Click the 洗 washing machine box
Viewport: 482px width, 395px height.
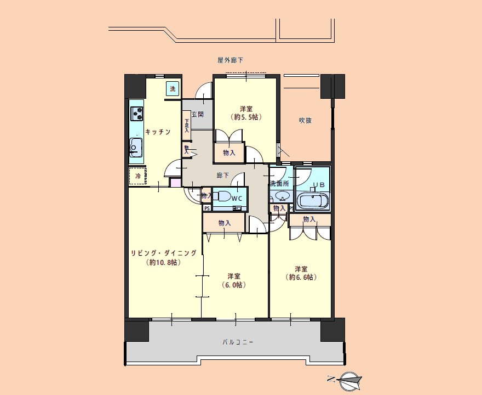pos(173,89)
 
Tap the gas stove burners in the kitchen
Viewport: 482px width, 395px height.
pos(137,114)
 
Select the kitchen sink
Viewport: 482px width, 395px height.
pos(136,148)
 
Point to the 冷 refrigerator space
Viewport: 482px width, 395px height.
pos(137,177)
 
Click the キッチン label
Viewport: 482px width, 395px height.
pos(158,132)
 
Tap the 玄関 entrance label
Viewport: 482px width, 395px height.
pos(198,114)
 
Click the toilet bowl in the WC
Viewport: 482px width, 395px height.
pos(222,196)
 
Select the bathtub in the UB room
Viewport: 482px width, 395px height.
pos(314,200)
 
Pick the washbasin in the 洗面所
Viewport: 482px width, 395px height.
pos(282,195)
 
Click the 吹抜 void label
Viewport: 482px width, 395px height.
pos(305,120)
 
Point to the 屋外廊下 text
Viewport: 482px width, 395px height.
pos(230,60)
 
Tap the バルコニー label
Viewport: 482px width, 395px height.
pos(238,342)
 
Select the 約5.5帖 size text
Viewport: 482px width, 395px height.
pos(246,117)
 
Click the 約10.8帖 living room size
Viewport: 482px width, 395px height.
pos(164,262)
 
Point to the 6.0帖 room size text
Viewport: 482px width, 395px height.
pos(234,285)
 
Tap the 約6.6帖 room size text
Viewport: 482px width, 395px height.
pos(301,278)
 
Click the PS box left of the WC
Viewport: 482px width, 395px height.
pos(207,208)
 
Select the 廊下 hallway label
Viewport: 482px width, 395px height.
pos(223,176)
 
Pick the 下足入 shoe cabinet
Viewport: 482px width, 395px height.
pos(187,126)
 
